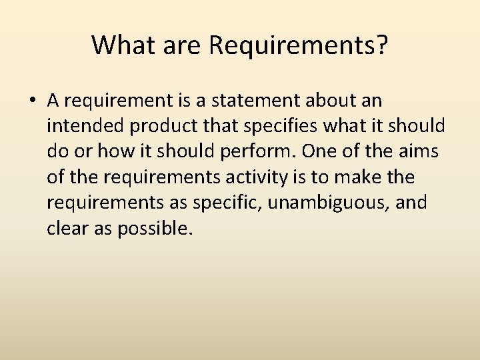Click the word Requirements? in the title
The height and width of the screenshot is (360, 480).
(x=299, y=45)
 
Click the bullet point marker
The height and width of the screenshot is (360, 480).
(x=32, y=101)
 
